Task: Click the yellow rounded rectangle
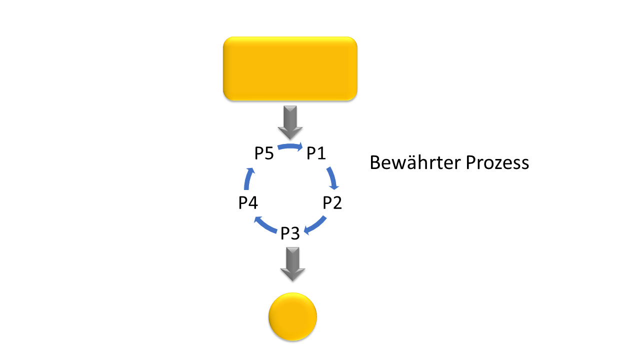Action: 290,68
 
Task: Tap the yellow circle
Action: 292,316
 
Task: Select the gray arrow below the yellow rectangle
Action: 290,122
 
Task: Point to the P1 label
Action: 316,153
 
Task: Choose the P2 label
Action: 332,203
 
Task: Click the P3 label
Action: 290,233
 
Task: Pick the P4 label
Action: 248,203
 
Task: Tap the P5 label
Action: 264,153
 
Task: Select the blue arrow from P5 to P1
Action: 290,146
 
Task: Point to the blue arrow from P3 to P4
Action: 265,225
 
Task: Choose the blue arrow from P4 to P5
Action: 248,179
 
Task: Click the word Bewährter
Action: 415,162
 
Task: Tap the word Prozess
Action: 497,163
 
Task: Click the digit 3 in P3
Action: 295,233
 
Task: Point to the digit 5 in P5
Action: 269,153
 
